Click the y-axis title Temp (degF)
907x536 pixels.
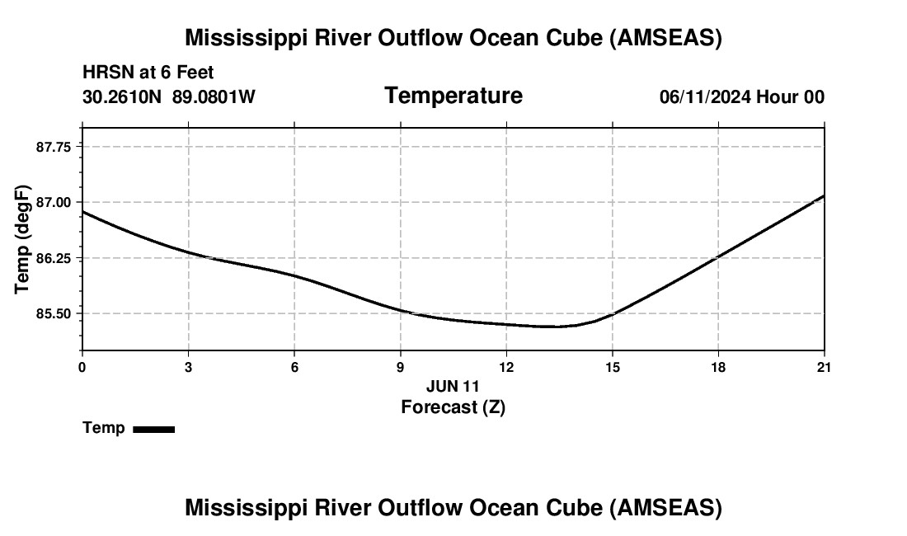tap(23, 239)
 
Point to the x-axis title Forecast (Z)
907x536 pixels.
tap(453, 407)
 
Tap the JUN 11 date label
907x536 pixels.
tap(453, 386)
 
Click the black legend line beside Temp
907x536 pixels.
tap(153, 429)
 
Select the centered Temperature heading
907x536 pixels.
tap(453, 96)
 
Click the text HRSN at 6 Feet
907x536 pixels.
tap(148, 73)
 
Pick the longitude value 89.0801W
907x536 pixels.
tap(214, 97)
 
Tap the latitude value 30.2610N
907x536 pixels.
tap(124, 97)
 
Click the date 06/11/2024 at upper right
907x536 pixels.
tap(705, 97)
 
